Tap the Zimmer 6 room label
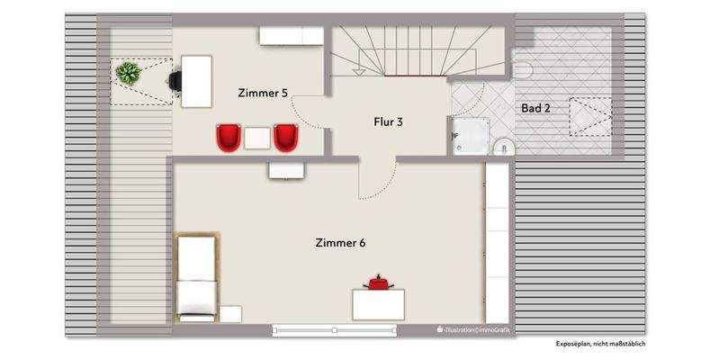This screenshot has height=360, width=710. (x=340, y=242)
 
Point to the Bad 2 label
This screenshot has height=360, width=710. (x=535, y=108)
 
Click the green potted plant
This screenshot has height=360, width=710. (x=127, y=72)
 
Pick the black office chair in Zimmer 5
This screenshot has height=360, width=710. (x=175, y=80)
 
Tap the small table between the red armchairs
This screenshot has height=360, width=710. (x=257, y=138)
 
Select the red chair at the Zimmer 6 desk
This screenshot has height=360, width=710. (x=377, y=283)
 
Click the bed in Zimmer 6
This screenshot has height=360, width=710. (x=196, y=276)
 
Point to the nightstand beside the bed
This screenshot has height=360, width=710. (x=230, y=314)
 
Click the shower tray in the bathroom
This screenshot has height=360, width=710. (x=472, y=136)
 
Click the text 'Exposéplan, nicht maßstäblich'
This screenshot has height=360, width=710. (x=600, y=343)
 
